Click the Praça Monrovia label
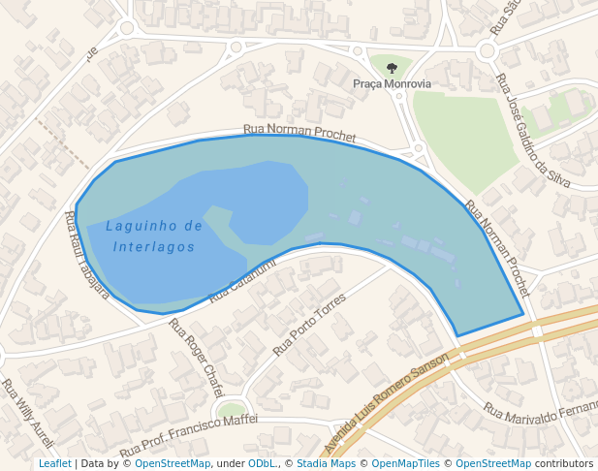tap(392, 84)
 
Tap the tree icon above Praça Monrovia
tap(392, 68)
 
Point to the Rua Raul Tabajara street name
tap(86, 255)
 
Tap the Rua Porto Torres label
tap(309, 324)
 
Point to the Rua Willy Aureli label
tap(27, 406)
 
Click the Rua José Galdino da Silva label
tap(532, 131)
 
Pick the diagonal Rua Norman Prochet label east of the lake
tap(498, 248)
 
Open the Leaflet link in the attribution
tap(54, 464)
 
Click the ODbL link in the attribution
tap(262, 464)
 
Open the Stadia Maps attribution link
tap(325, 464)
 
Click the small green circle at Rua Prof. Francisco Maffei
tap(231, 410)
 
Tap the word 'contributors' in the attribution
tap(564, 464)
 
